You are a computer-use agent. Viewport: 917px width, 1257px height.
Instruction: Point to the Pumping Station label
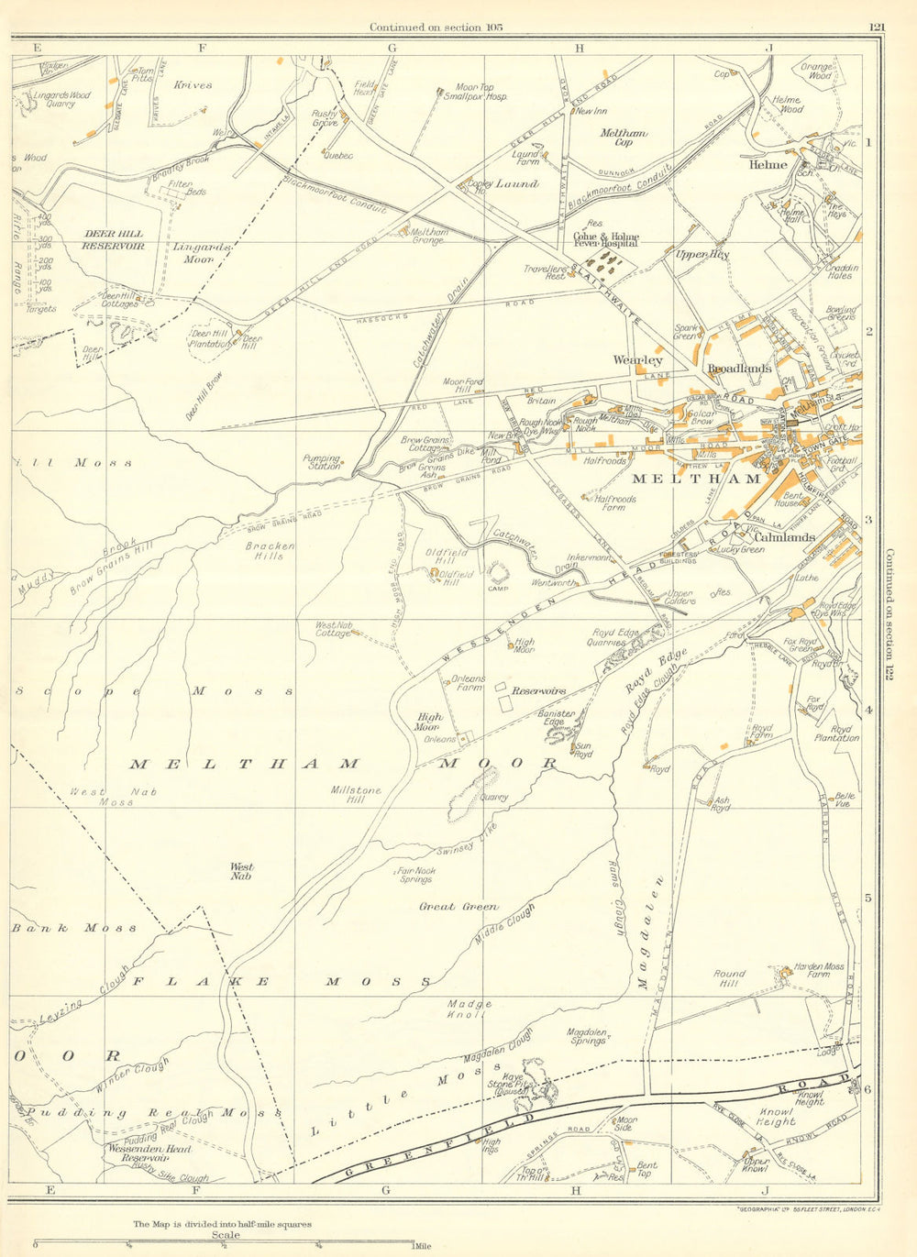point(322,462)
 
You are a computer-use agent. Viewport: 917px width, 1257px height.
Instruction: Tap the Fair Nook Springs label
point(415,875)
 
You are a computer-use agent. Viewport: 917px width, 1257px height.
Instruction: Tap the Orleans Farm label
point(468,683)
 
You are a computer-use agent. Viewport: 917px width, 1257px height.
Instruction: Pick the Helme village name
point(768,165)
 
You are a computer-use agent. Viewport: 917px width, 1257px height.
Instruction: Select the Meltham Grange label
point(428,237)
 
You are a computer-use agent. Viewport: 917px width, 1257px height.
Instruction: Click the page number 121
point(877,28)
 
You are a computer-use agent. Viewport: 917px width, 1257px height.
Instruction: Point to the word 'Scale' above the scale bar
point(226,1235)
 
